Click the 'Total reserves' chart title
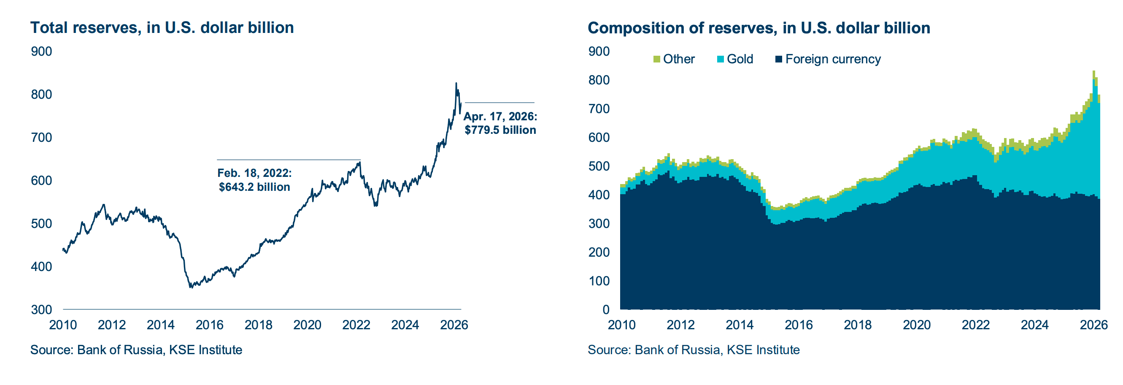[162, 27]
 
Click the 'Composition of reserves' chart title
[759, 28]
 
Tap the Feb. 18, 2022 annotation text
[254, 180]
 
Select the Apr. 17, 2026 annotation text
[500, 123]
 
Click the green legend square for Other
[656, 59]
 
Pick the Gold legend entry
[735, 59]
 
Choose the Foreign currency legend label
[833, 59]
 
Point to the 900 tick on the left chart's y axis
[41, 52]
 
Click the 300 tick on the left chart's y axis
[41, 309]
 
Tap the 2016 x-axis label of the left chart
[210, 325]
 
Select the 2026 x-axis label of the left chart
[454, 325]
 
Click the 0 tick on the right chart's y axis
[606, 309]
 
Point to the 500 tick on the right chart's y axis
[599, 166]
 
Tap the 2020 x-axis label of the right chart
[917, 325]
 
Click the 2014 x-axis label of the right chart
[740, 325]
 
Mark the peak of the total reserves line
[456, 83]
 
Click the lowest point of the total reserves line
[191, 287]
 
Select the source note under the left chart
[136, 350]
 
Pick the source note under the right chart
[694, 350]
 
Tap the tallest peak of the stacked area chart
[1094, 71]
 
